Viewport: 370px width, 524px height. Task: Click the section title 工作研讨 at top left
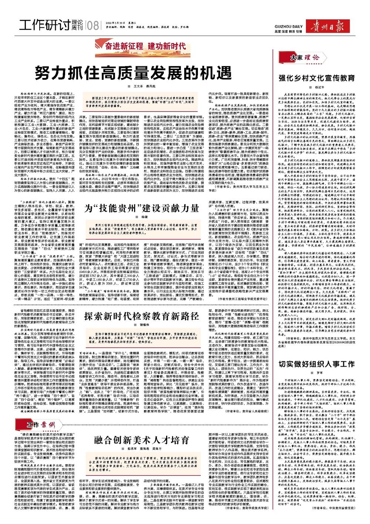44,25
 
